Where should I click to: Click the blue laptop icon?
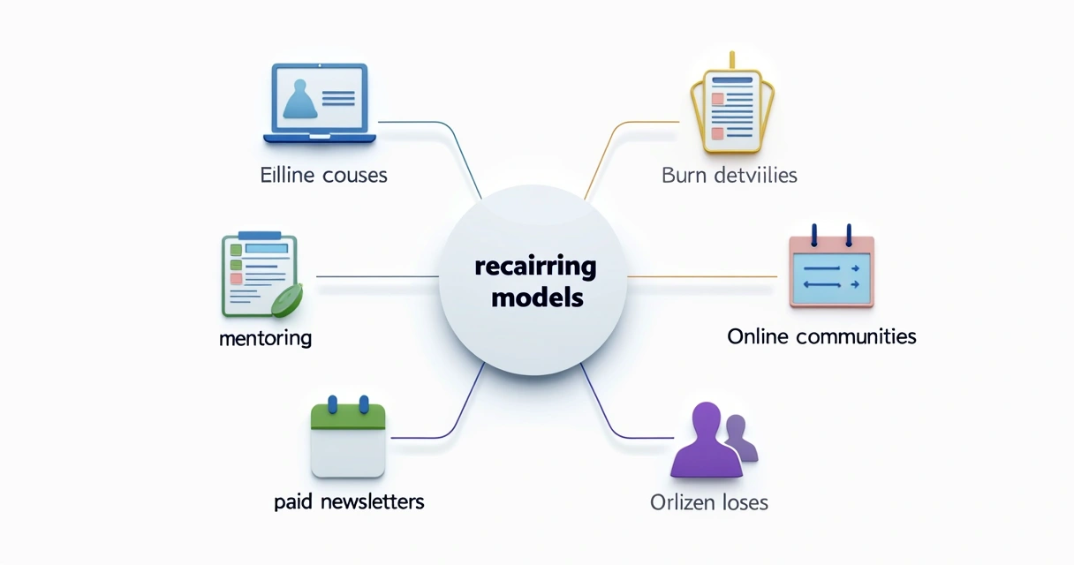320,104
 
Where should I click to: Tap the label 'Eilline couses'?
323,175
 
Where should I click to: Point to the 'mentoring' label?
265,338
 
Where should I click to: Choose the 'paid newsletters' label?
349,502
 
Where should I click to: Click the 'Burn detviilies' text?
729,175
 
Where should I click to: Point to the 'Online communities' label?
821,336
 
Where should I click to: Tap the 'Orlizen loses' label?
708,503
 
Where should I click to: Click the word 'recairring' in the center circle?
535,267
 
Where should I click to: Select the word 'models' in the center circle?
537,298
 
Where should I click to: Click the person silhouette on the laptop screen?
301,99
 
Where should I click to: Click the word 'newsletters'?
370,502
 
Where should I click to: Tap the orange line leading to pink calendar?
702,276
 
